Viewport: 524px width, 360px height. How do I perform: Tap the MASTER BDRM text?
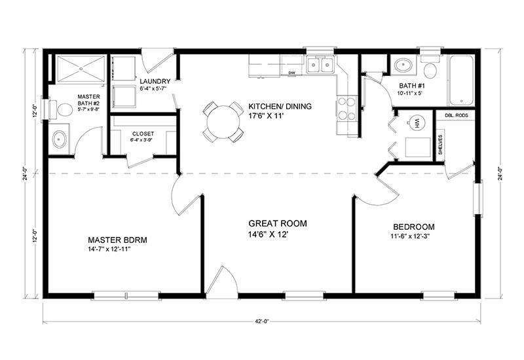pyautogui.click(x=117, y=240)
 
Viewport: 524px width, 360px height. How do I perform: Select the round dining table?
pyautogui.click(x=223, y=120)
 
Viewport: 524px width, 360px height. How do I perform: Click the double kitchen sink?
pyautogui.click(x=320, y=65)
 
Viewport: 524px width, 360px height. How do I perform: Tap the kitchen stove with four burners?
pyautogui.click(x=346, y=109)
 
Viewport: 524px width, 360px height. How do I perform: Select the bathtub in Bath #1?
pyautogui.click(x=461, y=80)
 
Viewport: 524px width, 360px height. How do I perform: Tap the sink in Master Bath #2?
pyautogui.click(x=59, y=139)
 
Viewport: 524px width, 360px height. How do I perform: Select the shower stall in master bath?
pyautogui.click(x=79, y=68)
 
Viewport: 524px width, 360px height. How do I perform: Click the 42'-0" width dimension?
pyautogui.click(x=264, y=321)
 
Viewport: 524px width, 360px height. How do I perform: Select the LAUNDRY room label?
pyautogui.click(x=155, y=81)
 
